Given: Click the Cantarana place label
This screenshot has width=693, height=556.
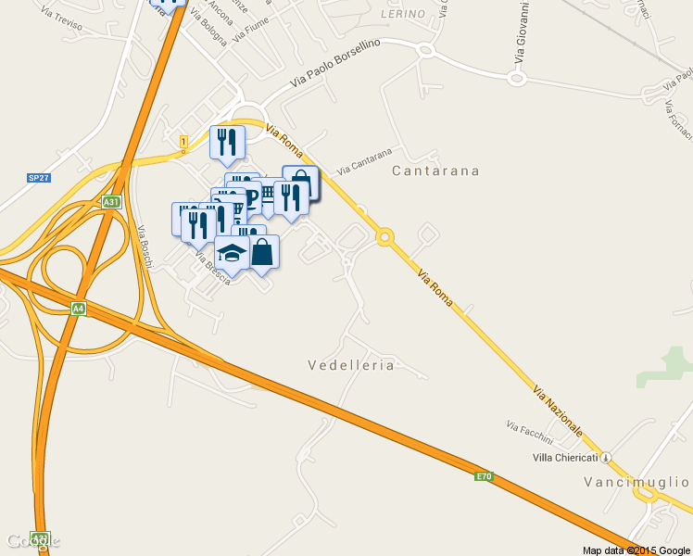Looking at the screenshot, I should coord(435,171).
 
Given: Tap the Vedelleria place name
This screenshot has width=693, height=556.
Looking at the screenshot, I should coord(350,365).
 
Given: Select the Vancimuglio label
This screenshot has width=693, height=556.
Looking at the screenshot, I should coord(636,482).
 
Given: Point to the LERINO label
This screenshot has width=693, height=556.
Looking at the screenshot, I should coord(403,14).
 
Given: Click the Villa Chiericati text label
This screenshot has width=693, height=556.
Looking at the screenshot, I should coord(565,458).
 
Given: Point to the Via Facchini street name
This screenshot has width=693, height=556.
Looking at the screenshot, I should coord(529,432).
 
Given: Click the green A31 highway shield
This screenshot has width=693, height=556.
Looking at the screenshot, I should coord(111,201).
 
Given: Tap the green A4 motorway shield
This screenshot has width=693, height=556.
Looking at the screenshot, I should coord(78,309).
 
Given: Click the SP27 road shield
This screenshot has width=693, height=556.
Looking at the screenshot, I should coord(38,177).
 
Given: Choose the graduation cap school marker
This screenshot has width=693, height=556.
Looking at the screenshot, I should coord(232,253).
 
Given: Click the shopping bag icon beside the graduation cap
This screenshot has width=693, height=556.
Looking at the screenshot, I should coord(262,252).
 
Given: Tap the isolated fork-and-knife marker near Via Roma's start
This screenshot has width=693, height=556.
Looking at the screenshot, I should coord(227,143).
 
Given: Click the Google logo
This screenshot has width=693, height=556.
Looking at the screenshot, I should coord(32,540).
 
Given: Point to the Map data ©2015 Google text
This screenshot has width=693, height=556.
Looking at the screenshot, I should coord(635,550).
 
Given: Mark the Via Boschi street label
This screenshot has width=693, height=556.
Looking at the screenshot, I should coord(145,247).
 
